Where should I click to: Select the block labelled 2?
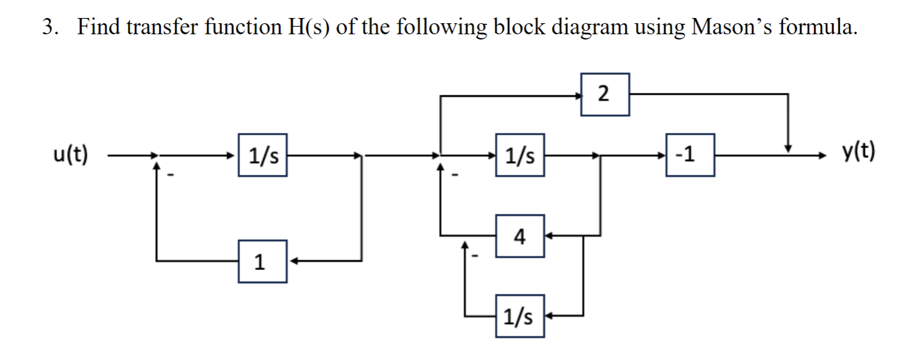(x=606, y=94)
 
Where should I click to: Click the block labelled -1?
(x=690, y=156)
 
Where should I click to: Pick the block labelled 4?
(x=520, y=236)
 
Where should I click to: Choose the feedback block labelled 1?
(x=262, y=261)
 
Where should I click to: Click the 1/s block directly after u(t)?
(x=262, y=156)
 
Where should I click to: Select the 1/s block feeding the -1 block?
(x=520, y=156)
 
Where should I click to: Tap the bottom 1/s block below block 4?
(x=520, y=316)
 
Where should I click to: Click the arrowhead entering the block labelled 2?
(x=578, y=95)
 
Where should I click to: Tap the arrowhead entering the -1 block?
(x=662, y=156)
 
